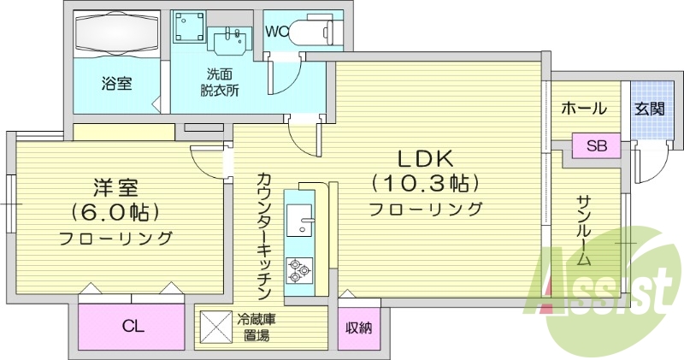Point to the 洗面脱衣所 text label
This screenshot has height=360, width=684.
coord(221,83)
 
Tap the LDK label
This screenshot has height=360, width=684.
coord(427,159)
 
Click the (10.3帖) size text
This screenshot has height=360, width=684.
coord(425,183)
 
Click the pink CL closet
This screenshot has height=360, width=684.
coord(132,325)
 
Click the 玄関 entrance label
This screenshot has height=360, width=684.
coord(650,109)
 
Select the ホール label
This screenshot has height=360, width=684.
coord(584,109)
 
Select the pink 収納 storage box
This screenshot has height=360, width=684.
coord(358,327)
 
